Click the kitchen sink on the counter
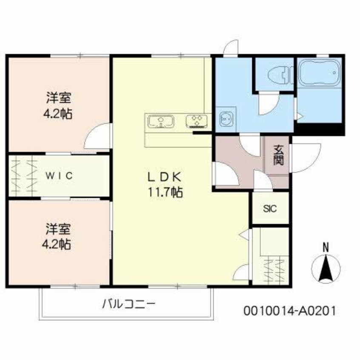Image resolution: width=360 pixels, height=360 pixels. click(161, 122)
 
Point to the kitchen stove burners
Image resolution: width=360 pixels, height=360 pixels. click(197, 121)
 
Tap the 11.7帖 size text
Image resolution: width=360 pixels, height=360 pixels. click(165, 192)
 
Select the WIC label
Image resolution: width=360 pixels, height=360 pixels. click(60, 175)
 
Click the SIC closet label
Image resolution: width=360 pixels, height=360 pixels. click(270, 209)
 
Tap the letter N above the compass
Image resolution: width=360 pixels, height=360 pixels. click(326, 246)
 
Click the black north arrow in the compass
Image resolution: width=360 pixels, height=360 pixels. click(326, 269)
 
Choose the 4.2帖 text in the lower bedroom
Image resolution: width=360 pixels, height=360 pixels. click(59, 244)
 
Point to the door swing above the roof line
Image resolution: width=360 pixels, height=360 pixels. click(231, 48)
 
